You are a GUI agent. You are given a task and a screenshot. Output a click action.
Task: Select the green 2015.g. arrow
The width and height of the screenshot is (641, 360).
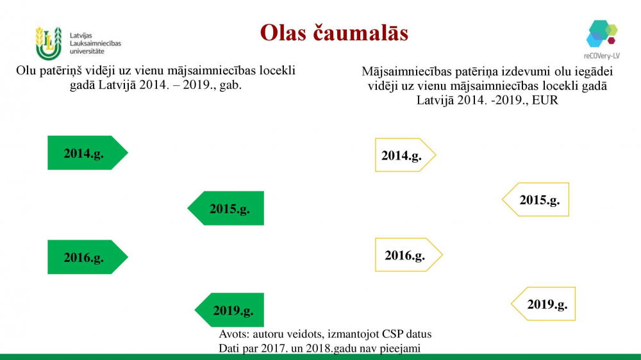pos(226,208)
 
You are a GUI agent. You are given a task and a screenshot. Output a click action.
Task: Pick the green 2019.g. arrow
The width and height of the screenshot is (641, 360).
pos(229,310)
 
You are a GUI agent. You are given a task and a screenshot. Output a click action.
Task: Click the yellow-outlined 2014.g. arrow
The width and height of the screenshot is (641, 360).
pos(405,155)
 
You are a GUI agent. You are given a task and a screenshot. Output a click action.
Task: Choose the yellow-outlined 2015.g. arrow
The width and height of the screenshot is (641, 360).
pos(535,199)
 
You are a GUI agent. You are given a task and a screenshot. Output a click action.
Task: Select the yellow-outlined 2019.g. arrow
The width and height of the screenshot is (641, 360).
pos(544,304)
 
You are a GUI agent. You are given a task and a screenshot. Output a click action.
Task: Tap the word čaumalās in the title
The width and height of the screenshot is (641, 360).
pos(361,33)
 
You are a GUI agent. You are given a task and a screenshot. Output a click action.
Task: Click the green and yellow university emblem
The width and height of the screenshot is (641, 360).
pos(48,44)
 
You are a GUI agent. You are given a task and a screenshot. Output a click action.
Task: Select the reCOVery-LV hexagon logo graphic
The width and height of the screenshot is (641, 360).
pos(602,33)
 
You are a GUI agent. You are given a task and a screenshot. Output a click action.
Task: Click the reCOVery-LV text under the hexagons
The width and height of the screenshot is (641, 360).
pos(602,56)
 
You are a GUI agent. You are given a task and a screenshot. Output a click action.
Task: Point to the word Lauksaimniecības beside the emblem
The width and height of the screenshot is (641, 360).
pos(96,44)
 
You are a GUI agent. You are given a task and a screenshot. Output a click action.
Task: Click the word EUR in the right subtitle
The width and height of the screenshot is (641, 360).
pos(545,100)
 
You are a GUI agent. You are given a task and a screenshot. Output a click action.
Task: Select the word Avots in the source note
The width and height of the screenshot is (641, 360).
pos(234,334)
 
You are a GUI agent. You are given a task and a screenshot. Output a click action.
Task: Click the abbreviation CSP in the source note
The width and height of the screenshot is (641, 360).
pos(392,334)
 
